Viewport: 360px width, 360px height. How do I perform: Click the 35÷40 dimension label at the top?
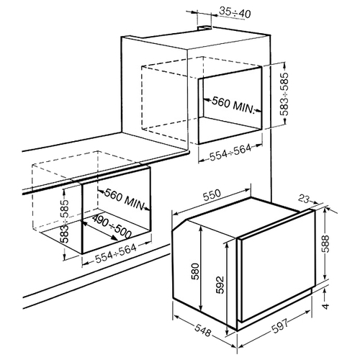[235, 13]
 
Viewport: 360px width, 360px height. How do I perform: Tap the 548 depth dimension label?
[203, 330]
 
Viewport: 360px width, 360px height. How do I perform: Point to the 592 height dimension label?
[220, 285]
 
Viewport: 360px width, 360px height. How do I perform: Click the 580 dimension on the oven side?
[196, 271]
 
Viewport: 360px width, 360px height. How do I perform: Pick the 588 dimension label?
[325, 243]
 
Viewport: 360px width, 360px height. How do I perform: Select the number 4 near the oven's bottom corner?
[325, 306]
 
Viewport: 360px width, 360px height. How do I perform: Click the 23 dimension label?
[304, 199]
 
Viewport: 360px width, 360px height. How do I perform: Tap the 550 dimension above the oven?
[212, 195]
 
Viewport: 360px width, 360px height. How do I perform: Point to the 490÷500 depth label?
[112, 227]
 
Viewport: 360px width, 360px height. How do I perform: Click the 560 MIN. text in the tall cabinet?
[233, 105]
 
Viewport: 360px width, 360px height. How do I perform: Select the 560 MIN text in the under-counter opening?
[125, 199]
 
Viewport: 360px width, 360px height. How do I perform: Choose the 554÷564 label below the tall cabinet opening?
[230, 153]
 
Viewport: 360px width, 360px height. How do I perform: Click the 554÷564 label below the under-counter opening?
[116, 253]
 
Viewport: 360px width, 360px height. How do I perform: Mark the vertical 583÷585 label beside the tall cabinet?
[285, 94]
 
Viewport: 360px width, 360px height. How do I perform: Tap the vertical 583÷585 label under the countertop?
[65, 221]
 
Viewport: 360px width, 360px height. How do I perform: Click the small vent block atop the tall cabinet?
[204, 28]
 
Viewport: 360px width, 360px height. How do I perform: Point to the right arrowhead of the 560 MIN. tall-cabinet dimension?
[258, 111]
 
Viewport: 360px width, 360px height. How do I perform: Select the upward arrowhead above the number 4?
[325, 292]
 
